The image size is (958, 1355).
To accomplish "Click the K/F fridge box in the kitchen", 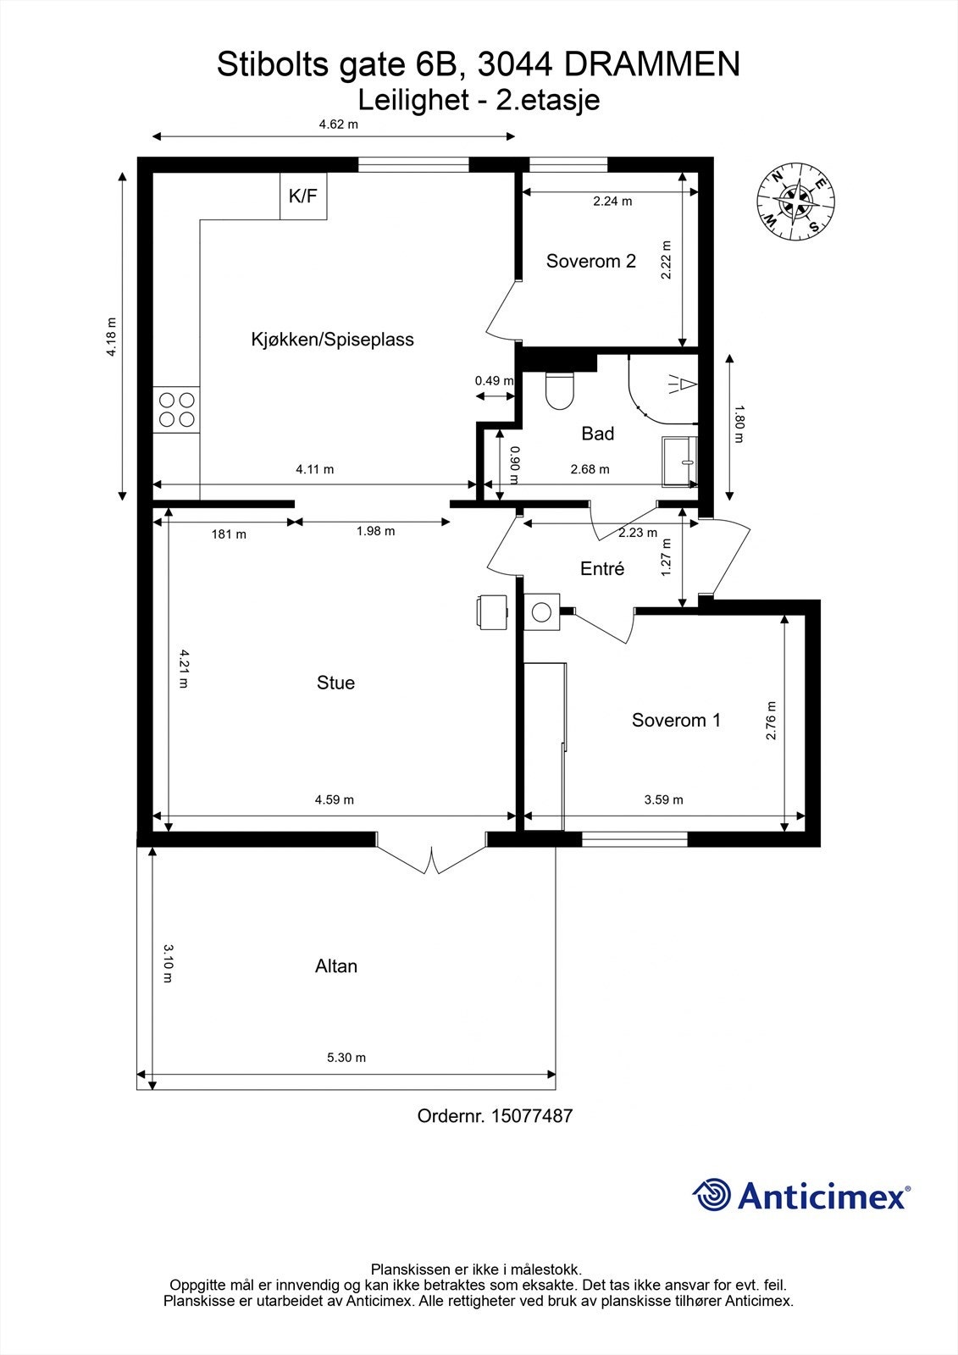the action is coord(303,196).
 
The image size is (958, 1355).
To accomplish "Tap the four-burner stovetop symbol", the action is coord(176,410).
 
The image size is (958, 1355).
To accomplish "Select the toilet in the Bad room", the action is coord(559,390).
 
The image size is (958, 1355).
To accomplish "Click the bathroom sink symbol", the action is coord(680,462).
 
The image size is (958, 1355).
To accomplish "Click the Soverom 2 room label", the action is coord(590,261).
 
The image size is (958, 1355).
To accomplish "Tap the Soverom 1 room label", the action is coord(676,720).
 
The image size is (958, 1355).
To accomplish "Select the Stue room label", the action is coord(335,683).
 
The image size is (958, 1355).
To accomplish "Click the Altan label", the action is coord(336,965).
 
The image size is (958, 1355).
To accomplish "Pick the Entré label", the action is coord(601,568).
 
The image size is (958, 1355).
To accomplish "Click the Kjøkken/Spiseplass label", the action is coord(332,340).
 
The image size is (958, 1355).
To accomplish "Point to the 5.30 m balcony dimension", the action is coord(346,1058).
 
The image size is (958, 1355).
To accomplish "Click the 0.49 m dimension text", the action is coord(494,380).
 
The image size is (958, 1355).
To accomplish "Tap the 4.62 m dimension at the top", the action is coord(338,124).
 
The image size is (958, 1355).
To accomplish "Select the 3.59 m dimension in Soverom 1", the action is coord(663,799).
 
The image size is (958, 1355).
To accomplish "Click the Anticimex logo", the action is coord(801,1195).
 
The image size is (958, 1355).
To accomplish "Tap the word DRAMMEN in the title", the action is coord(651,64).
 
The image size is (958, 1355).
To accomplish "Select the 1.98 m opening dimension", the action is coord(375,530).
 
